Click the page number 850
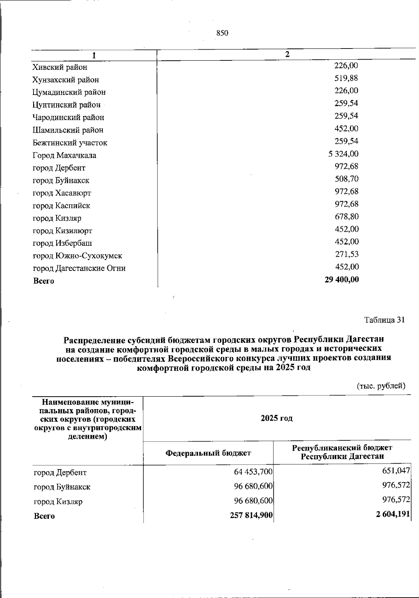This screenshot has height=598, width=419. pos(222,33)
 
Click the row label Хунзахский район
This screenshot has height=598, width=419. pos(66,80)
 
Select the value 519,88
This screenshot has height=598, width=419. pos(346,78)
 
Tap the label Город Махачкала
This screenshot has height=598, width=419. pos(65,155)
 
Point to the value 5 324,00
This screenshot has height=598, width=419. pos(343,154)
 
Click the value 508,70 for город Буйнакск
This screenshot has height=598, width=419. pos(346,179)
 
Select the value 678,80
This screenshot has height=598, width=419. pos(346,217)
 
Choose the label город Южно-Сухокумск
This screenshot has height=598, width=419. pos(78,256)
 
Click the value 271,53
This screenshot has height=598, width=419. pos(347,254)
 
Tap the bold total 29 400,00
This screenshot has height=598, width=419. pos(341,280)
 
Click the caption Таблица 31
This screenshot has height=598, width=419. pos(384,320)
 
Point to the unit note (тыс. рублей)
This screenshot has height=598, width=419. pos(381,386)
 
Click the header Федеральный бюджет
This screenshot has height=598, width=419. pos(208,453)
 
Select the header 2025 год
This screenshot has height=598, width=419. pos(277,418)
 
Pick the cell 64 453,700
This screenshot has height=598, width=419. pos(253,472)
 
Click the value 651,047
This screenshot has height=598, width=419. pos(396,471)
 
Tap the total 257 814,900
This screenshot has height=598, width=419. pos(251,515)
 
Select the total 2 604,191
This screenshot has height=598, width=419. pos(392,514)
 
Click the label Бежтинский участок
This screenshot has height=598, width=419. pos(70,143)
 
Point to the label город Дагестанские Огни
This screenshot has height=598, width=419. pos(79,268)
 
